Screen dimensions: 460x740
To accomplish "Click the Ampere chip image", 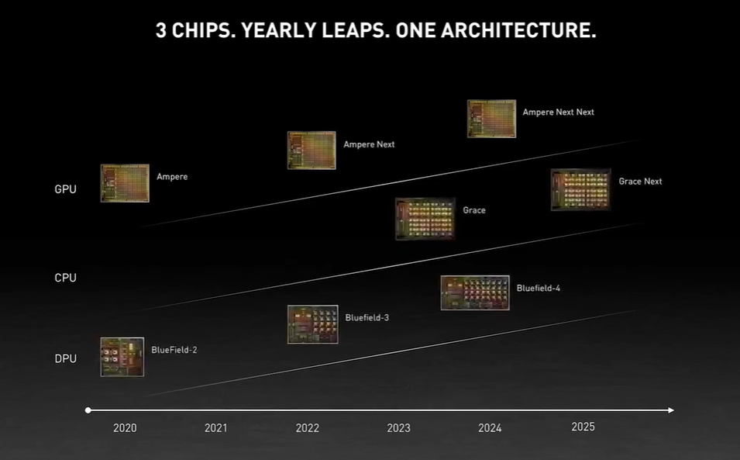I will click(x=125, y=183).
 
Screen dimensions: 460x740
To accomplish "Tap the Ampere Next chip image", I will click(x=311, y=150).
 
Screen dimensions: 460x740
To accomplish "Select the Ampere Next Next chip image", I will click(x=491, y=119).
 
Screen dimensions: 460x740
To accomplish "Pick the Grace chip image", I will click(x=425, y=219).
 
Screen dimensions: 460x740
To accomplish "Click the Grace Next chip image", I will click(x=580, y=189).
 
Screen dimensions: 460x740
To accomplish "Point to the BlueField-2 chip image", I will click(x=122, y=357).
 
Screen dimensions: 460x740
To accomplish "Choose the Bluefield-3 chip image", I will click(x=313, y=324).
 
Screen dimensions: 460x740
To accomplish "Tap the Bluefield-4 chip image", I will click(x=475, y=292).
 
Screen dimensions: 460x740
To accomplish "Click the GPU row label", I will click(x=66, y=189).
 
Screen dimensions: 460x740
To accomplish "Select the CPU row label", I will click(x=66, y=278).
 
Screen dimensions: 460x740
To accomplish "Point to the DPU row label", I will click(x=66, y=358).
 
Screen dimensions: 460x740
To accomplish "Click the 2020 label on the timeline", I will click(x=125, y=428).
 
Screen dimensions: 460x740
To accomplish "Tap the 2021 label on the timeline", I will click(x=216, y=428).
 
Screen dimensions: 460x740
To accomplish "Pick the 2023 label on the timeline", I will click(x=399, y=428).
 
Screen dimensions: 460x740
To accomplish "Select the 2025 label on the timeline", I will click(x=583, y=427).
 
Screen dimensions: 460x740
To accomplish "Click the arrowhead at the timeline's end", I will click(x=670, y=410).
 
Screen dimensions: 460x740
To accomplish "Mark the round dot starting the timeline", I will click(x=88, y=410).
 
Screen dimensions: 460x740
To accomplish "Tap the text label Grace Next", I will click(x=640, y=182).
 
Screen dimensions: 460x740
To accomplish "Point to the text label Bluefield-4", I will click(x=539, y=289).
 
